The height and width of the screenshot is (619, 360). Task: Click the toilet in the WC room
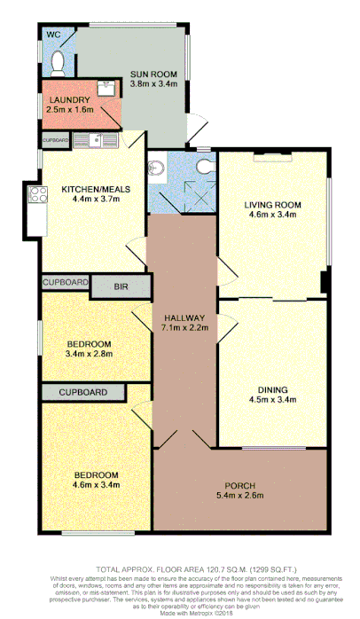click(58, 60)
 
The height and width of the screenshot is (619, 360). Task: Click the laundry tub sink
click(104, 88)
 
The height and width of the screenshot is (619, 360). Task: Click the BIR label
click(122, 286)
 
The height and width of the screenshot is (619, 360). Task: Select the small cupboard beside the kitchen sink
click(54, 140)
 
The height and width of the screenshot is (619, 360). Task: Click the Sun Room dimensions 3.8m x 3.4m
click(155, 82)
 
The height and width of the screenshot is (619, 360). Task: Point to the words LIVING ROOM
click(273, 205)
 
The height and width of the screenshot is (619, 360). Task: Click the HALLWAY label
click(184, 317)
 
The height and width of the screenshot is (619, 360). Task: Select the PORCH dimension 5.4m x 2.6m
click(240, 497)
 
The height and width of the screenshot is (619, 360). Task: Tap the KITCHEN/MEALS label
click(90, 189)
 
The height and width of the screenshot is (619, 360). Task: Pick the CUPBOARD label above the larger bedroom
click(83, 392)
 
